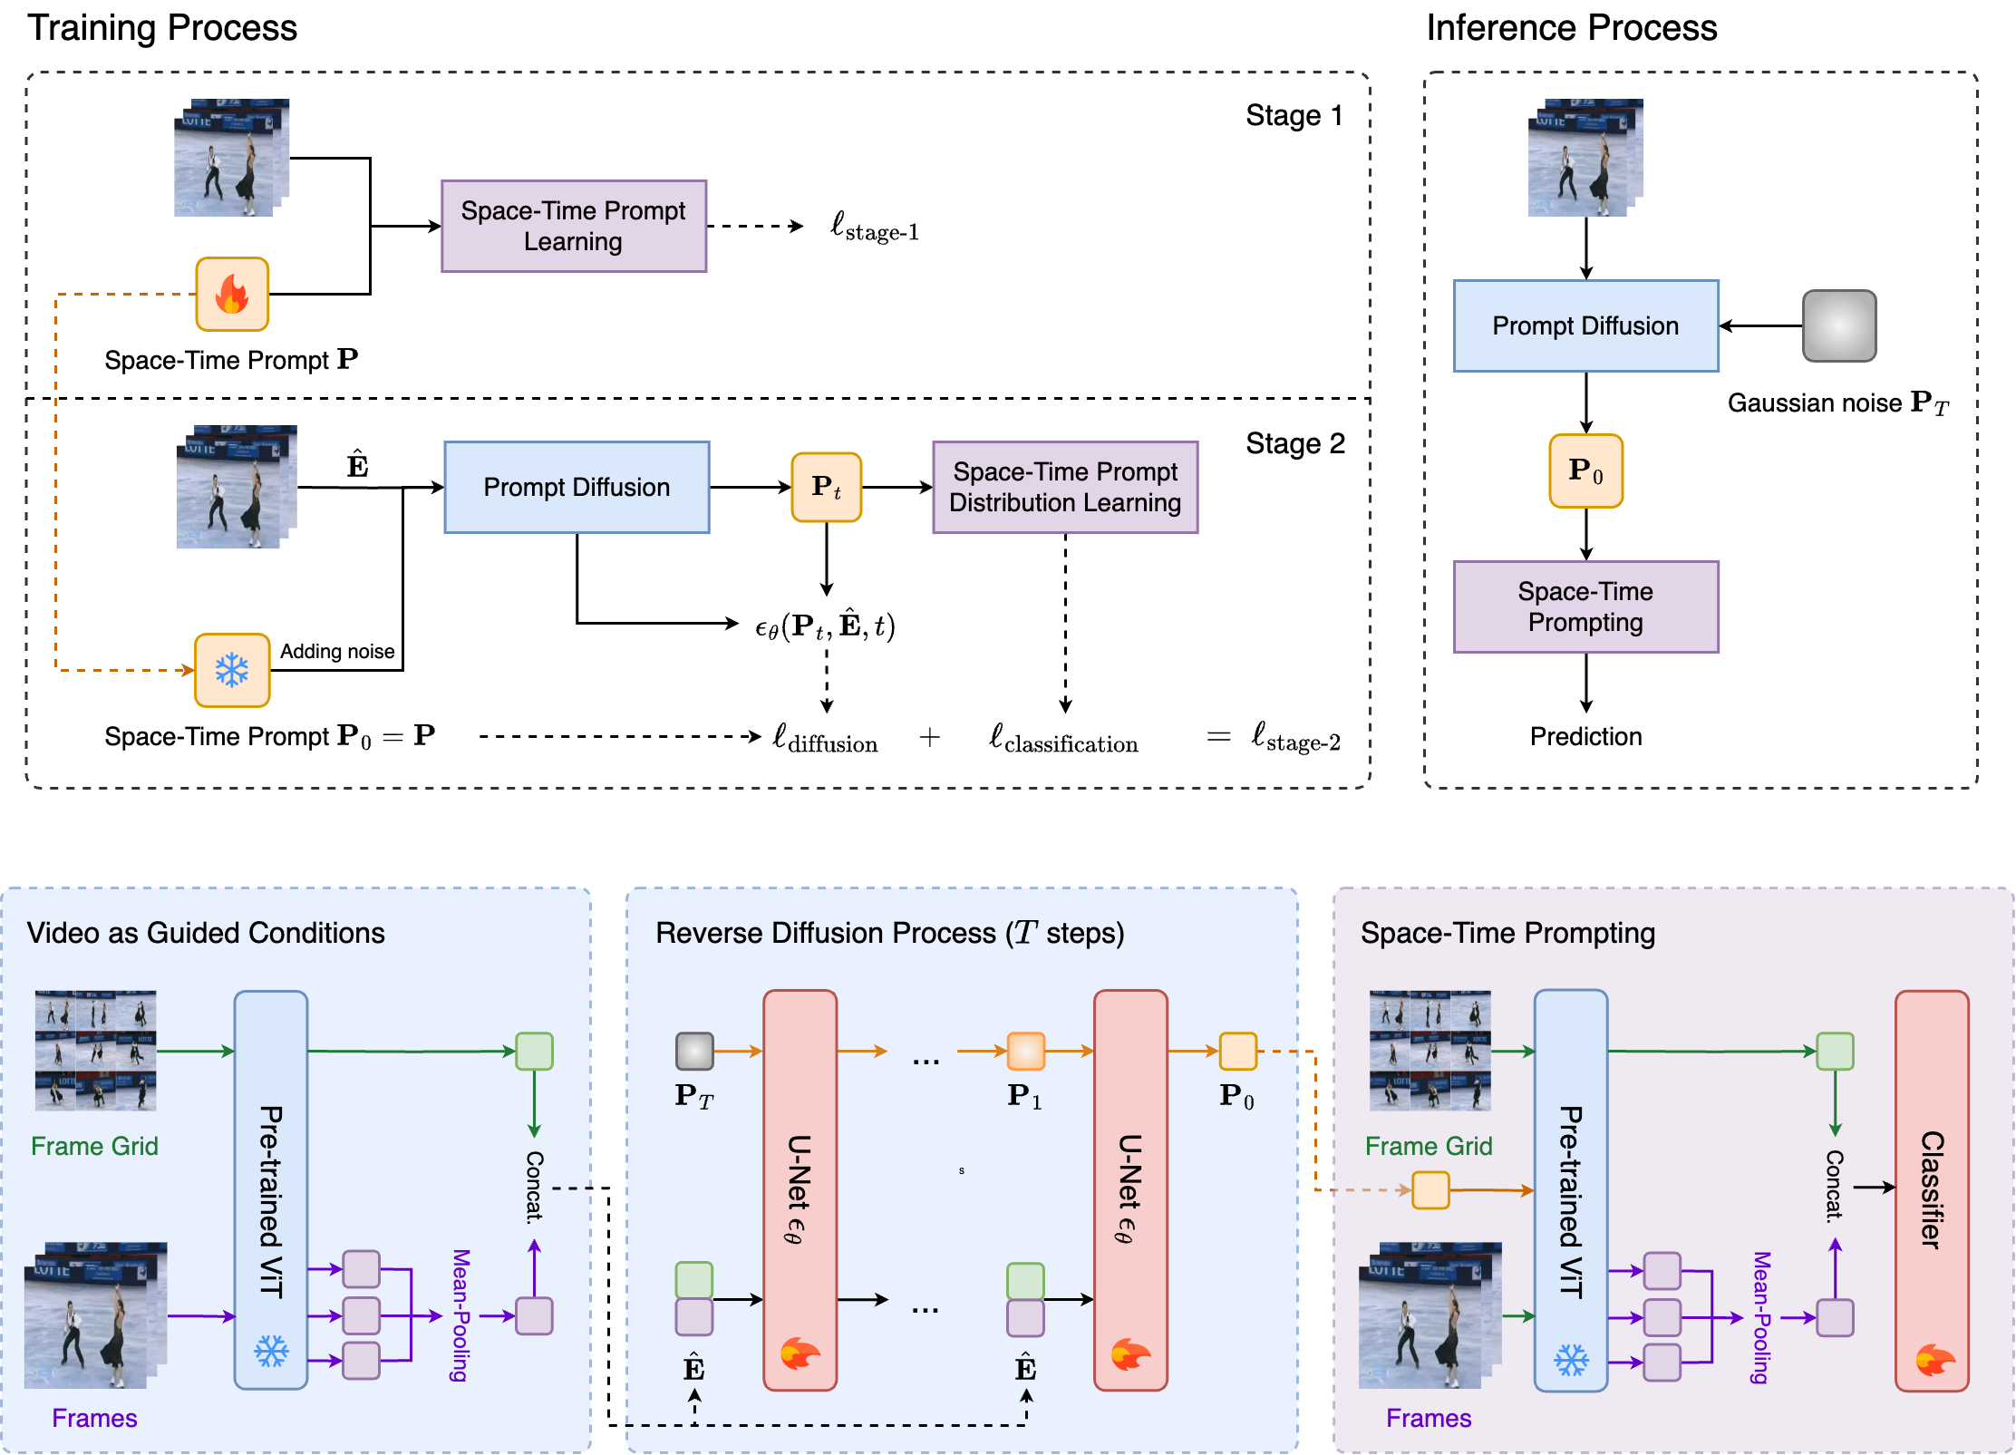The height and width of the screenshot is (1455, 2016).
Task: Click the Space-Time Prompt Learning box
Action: [x=573, y=226]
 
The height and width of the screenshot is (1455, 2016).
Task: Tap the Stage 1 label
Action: [x=1294, y=116]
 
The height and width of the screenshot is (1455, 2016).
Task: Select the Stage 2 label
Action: [x=1294, y=443]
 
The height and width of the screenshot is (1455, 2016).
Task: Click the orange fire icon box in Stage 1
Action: [x=232, y=294]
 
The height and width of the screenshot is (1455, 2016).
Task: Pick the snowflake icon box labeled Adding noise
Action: [x=232, y=670]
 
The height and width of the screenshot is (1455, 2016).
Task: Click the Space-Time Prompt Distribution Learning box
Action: [x=1065, y=488]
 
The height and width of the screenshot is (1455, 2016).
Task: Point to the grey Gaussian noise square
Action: [x=1838, y=325]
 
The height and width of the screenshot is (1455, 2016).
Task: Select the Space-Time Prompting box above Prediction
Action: [x=1585, y=606]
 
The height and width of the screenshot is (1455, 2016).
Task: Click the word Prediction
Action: [x=1585, y=736]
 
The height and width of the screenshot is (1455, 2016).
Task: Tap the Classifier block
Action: [x=1931, y=1189]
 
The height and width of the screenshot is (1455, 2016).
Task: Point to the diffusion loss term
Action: [x=825, y=739]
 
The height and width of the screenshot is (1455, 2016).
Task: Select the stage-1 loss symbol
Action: [x=875, y=227]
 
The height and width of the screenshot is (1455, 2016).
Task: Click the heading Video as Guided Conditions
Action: [x=206, y=933]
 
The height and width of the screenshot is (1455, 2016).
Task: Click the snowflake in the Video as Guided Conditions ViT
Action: [x=271, y=1352]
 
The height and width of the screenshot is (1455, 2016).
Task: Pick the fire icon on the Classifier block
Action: [x=1935, y=1360]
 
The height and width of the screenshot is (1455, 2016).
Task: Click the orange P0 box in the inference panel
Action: [x=1585, y=470]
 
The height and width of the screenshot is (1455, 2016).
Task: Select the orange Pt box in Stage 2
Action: [x=826, y=488]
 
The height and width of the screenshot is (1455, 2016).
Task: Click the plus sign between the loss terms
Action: [x=929, y=738]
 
